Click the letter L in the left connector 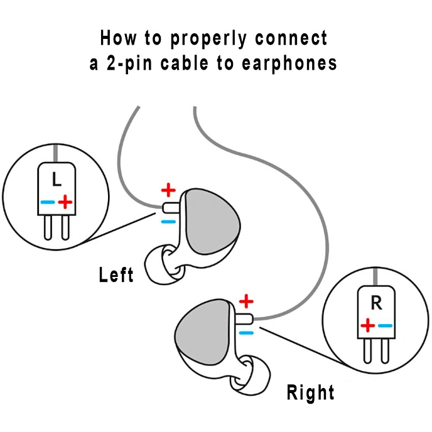click(x=57, y=180)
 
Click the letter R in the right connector click(x=376, y=303)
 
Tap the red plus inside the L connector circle click(x=65, y=202)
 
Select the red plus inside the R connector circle click(x=368, y=325)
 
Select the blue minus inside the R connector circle click(x=385, y=325)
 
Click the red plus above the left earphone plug click(x=168, y=189)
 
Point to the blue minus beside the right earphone click(x=247, y=332)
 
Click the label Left click(x=116, y=274)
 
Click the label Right click(x=310, y=393)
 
